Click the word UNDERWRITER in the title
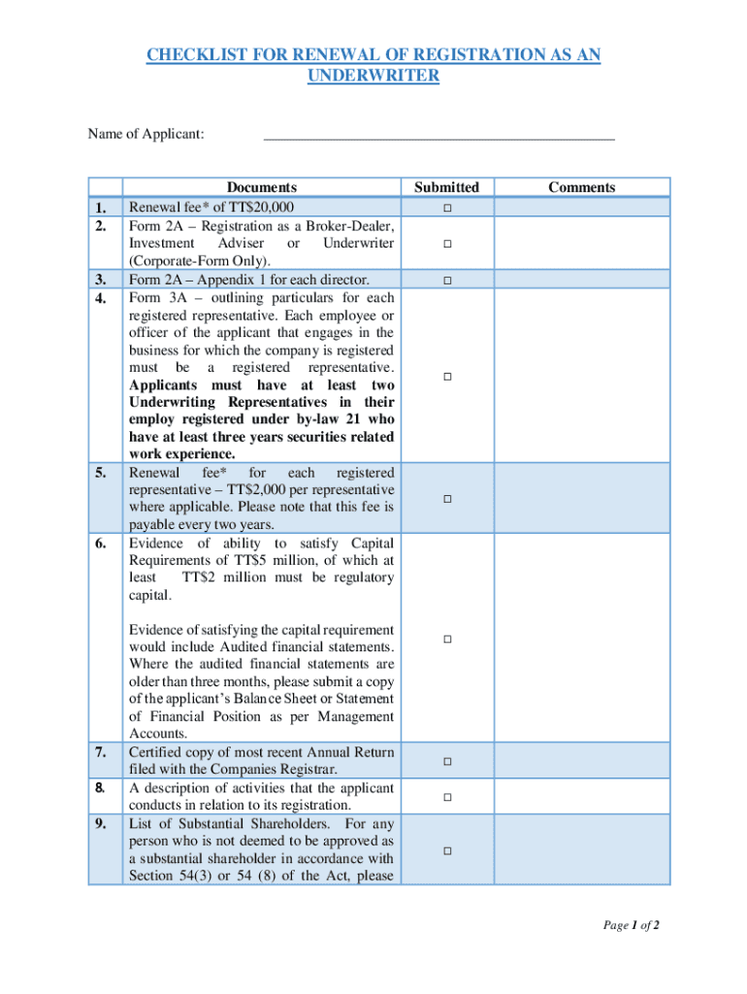coord(373,75)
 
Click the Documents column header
coord(261,187)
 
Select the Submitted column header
coord(446,187)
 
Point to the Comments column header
coord(581,187)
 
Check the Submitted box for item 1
coord(447,209)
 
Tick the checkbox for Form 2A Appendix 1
coord(447,281)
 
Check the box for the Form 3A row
coord(447,376)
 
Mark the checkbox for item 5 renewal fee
coord(447,499)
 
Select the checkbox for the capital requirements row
coord(447,639)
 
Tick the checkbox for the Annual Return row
coord(447,761)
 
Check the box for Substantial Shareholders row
coord(447,850)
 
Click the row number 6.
coord(101,543)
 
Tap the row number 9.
coord(101,824)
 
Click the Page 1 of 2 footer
coord(632,925)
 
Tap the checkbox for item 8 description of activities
coord(447,797)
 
